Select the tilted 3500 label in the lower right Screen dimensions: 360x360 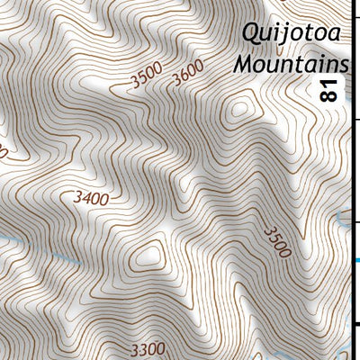(277, 242)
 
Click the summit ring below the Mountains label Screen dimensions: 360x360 (240, 110)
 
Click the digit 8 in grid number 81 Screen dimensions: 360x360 (329, 95)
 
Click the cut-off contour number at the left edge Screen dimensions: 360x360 (3, 154)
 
